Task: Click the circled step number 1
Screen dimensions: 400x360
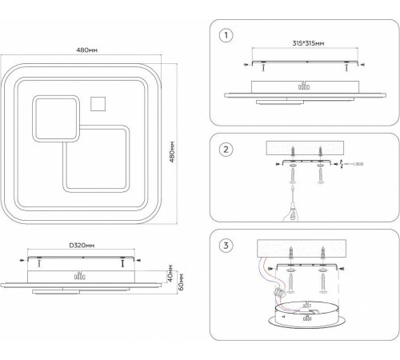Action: coord(226,35)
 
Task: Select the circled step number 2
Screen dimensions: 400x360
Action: coord(226,150)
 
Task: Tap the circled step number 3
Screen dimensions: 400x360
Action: coord(226,246)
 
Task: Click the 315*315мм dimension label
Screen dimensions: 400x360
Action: coord(308,43)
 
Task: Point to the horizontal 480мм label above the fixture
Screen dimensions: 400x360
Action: coord(87,50)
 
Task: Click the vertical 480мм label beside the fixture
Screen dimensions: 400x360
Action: coord(172,152)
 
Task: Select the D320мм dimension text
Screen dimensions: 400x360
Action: coord(82,246)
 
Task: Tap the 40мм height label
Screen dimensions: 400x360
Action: coord(171,274)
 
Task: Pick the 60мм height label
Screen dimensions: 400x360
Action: coord(181,282)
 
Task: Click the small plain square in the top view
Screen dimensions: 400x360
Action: coord(98,104)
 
